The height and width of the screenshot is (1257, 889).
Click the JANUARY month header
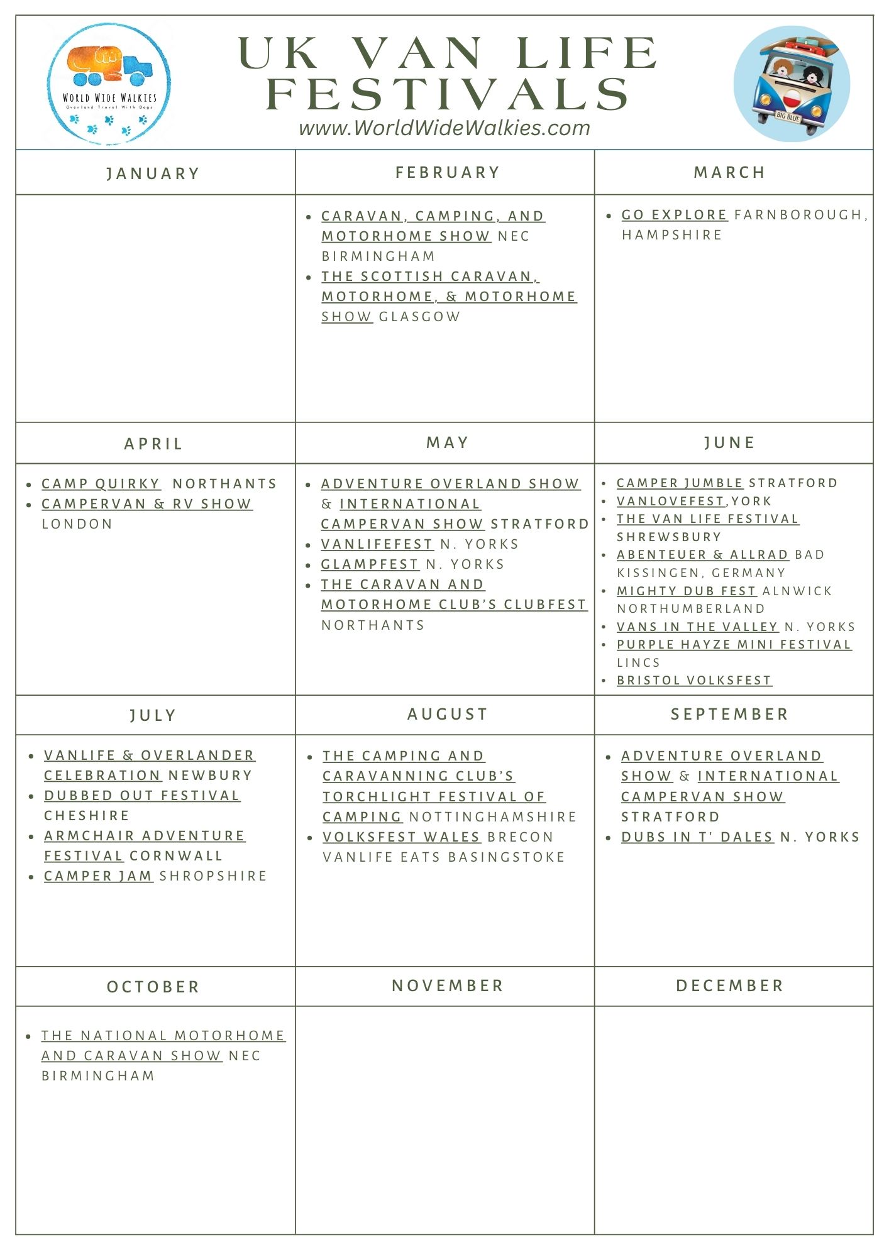coord(153,173)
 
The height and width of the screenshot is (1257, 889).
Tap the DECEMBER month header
coord(730,985)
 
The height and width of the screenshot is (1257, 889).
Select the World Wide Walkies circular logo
coord(109,84)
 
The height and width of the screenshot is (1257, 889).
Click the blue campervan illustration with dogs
coord(792,84)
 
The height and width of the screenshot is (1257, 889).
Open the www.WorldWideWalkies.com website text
coord(444,128)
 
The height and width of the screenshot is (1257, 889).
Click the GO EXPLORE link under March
coord(674,215)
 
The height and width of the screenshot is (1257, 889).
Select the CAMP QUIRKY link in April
coord(101,484)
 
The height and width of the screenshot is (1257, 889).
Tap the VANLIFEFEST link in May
coord(377,544)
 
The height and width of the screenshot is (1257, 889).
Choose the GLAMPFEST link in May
coord(370,564)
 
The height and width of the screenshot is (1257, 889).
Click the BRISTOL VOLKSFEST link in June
coord(694,680)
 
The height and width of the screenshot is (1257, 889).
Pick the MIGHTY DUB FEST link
coord(686,591)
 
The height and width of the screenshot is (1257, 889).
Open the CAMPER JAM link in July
coord(98,876)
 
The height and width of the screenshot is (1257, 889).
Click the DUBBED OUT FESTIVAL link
coord(142,796)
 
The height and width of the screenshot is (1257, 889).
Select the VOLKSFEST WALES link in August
coord(402,837)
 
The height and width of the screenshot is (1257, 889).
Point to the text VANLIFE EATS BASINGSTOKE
coord(444,857)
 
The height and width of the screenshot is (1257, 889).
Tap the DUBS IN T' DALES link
coord(697,837)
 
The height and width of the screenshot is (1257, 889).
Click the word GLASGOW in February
coord(419,317)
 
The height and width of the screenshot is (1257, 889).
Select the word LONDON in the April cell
coord(77,524)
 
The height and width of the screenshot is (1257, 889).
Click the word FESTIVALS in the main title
coord(448,95)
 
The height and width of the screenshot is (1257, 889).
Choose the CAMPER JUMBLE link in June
coord(680,483)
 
